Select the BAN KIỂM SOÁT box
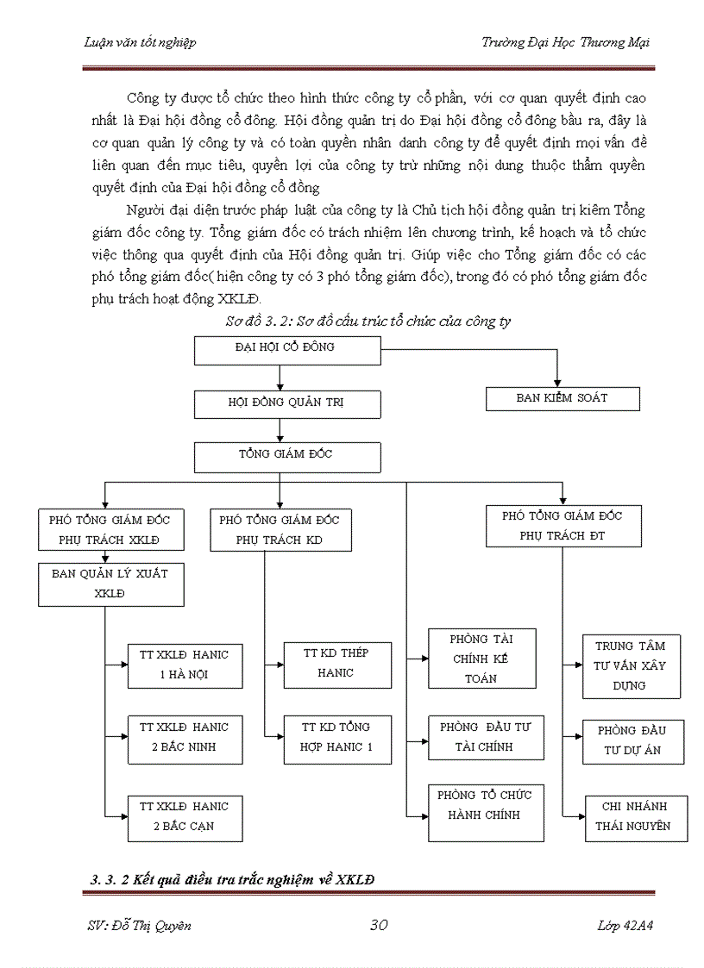pyautogui.click(x=563, y=398)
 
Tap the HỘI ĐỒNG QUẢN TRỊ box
pyautogui.click(x=274, y=403)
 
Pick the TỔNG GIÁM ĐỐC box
pyautogui.click(x=286, y=457)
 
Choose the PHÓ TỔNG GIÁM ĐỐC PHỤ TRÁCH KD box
pyautogui.click(x=280, y=530)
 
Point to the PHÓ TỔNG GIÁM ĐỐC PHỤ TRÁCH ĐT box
pyautogui.click(x=563, y=526)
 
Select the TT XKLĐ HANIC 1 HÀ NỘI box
pyautogui.click(x=185, y=665)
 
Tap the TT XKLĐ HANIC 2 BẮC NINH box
pyautogui.click(x=185, y=737)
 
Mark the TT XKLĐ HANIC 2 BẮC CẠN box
pyautogui.click(x=185, y=816)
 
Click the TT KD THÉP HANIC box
pyautogui.click(x=337, y=664)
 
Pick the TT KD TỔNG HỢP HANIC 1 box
pyautogui.click(x=337, y=738)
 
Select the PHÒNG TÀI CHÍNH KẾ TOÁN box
pyautogui.click(x=481, y=659)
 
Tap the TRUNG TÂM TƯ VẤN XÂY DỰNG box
pyautogui.click(x=633, y=666)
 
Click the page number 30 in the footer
pyautogui.click(x=379, y=925)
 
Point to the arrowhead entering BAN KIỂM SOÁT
pyautogui.click(x=558, y=382)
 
